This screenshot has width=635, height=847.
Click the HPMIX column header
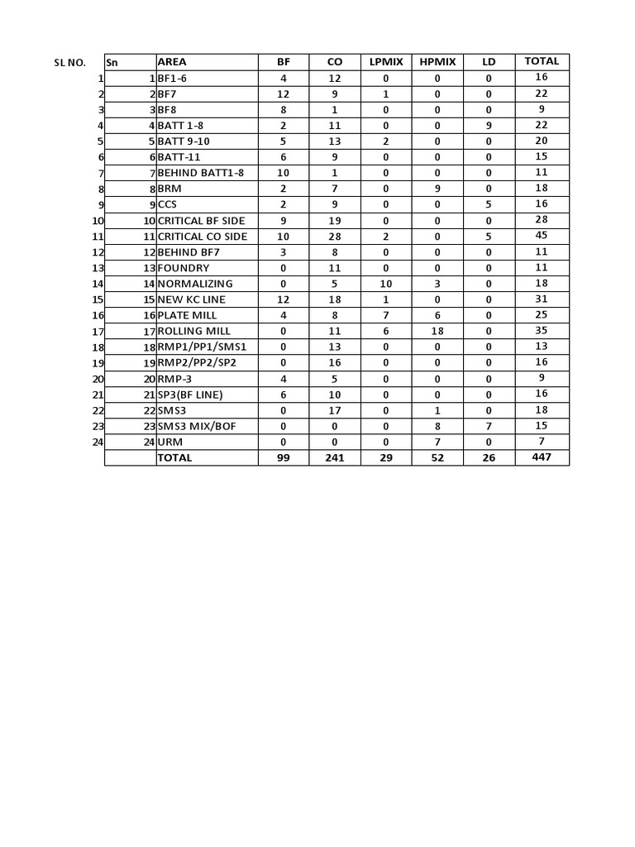click(x=437, y=62)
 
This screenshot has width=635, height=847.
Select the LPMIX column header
click(x=386, y=62)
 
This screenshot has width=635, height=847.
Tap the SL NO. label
click(x=69, y=63)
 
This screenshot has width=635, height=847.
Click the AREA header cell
click(x=172, y=62)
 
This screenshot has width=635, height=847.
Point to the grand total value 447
click(x=542, y=457)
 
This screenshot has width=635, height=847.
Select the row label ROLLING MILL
click(x=194, y=331)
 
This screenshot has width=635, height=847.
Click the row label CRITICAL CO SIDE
click(x=203, y=237)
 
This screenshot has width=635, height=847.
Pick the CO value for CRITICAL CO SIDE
click(x=335, y=237)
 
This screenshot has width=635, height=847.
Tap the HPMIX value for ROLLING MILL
click(x=437, y=331)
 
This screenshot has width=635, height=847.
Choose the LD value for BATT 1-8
click(x=489, y=126)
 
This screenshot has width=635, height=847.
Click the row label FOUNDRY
click(x=184, y=268)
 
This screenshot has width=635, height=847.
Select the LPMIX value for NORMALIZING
click(x=386, y=284)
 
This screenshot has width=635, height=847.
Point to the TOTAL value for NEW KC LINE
click(x=542, y=299)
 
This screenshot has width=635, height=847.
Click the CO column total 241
click(x=335, y=457)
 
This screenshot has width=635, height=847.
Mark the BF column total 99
click(x=284, y=457)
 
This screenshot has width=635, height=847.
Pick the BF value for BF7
click(x=284, y=94)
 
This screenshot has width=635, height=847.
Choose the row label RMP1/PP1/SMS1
click(x=202, y=347)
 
